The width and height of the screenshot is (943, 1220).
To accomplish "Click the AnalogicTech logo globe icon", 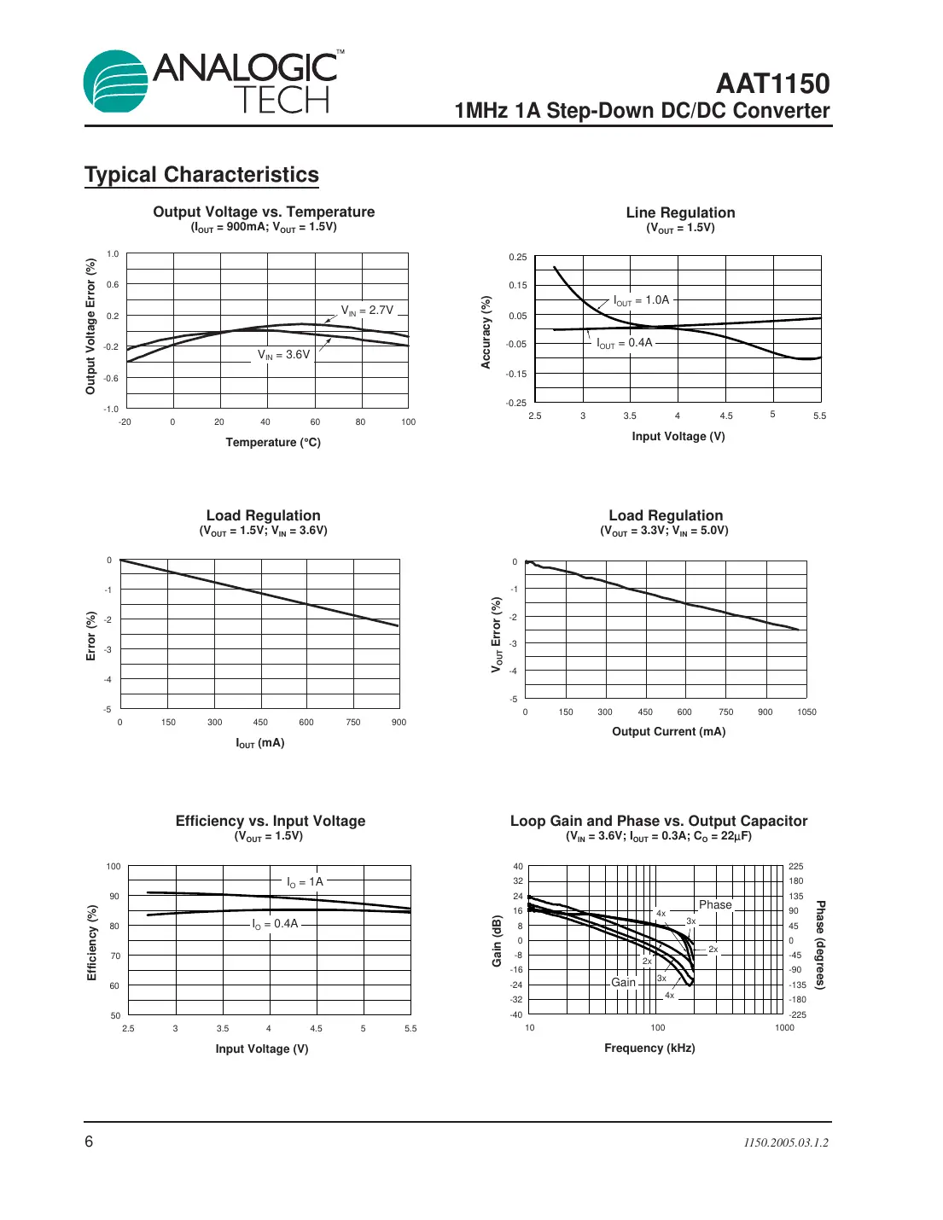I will [x=116, y=82].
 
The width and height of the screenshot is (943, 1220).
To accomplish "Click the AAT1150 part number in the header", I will [x=772, y=84].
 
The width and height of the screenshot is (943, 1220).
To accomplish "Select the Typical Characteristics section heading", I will [x=201, y=175].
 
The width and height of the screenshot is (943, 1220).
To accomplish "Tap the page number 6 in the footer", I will [x=89, y=1142].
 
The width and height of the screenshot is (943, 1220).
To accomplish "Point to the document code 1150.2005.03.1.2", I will [x=785, y=1142].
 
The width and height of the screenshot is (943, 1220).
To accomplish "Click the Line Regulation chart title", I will [x=680, y=212].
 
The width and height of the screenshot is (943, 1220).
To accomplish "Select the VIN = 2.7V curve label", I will [x=367, y=311].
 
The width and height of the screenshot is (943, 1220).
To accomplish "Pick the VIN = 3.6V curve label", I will [x=284, y=355].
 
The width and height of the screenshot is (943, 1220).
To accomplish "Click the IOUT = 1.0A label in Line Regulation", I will [x=642, y=300].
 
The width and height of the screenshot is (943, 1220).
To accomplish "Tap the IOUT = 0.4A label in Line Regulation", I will [x=625, y=343].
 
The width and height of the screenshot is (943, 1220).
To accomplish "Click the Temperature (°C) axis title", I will [x=273, y=442].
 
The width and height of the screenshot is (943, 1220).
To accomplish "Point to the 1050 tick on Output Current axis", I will [x=806, y=712].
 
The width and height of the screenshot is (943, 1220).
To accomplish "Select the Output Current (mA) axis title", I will [x=668, y=731].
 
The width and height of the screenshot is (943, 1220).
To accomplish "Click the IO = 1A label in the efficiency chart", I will [x=305, y=882].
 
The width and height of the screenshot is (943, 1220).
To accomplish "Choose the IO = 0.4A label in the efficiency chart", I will [x=275, y=924].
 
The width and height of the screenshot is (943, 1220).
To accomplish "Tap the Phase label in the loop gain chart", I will [x=715, y=904].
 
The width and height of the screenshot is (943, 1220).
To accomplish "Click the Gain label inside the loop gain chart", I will [x=623, y=982].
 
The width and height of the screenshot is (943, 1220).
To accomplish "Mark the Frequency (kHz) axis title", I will [x=649, y=1048].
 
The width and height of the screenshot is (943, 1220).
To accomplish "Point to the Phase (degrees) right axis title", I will [x=820, y=944].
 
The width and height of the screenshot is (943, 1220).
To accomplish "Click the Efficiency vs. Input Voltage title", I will [x=271, y=821].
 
